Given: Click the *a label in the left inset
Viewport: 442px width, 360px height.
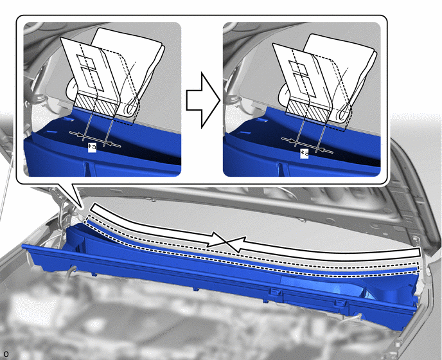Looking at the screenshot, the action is tap(92, 148).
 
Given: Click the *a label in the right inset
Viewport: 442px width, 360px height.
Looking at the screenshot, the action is tap(304, 154).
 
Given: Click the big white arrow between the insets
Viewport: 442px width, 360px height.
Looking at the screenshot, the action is tap(203, 100).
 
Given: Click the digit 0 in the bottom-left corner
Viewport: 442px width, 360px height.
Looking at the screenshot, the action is tap(6, 354).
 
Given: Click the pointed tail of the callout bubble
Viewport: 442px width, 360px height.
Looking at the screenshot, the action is tap(82, 209).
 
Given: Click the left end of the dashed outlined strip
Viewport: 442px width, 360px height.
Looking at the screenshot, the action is tap(88, 218).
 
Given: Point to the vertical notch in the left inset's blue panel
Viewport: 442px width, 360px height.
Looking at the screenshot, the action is tap(85, 168).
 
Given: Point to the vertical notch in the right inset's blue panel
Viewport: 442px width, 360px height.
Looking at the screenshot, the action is tap(279, 169).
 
